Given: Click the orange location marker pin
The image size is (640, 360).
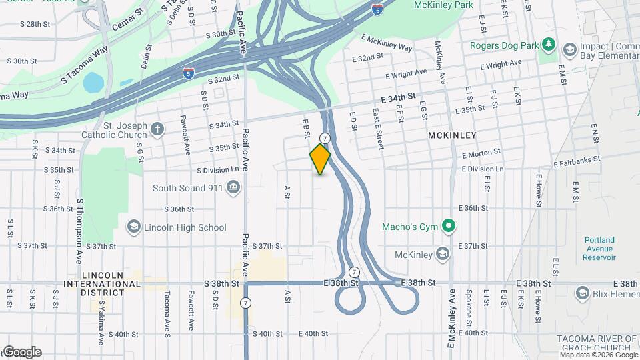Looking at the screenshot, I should point(320,159).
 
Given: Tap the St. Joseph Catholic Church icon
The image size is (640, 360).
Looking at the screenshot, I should point(157,129).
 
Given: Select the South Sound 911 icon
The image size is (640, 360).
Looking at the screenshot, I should point(233,188).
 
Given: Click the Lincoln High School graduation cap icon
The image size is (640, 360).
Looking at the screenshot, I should point(134,227).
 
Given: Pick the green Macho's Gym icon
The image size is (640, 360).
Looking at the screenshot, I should point(449,227).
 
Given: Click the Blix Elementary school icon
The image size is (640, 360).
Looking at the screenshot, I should point(583,293).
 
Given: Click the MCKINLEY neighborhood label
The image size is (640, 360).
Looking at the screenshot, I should point(452,135).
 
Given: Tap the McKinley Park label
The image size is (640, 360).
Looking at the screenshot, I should point(442,5).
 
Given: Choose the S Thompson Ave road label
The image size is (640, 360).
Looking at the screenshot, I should point(79,230).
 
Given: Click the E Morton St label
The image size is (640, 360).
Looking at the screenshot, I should point(481,154).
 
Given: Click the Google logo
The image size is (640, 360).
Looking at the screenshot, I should point(22,352).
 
